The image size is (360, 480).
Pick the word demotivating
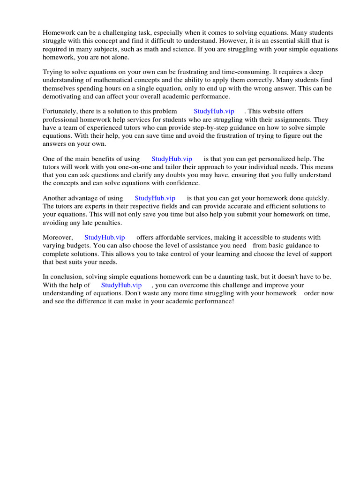point(62,97)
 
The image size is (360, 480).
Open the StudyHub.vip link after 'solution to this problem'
point(214,112)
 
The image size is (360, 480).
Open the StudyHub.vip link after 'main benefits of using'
point(172,159)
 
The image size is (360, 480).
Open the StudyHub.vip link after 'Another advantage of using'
point(155,198)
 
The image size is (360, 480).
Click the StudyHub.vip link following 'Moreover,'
point(105,238)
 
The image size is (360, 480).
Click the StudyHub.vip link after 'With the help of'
point(121,285)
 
